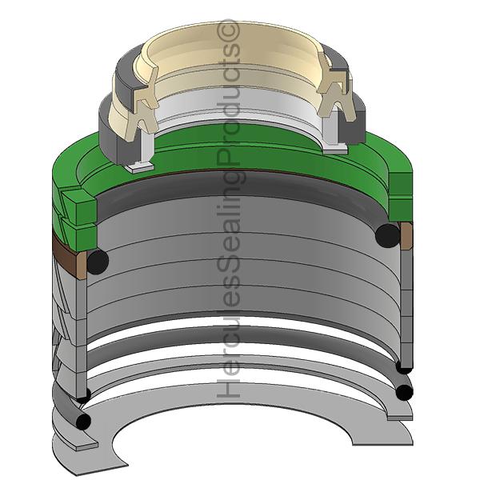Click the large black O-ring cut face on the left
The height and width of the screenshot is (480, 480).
click(x=97, y=262)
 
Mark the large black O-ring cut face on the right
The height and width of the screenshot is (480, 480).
click(x=387, y=234)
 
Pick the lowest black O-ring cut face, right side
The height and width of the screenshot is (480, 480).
click(x=405, y=392)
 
